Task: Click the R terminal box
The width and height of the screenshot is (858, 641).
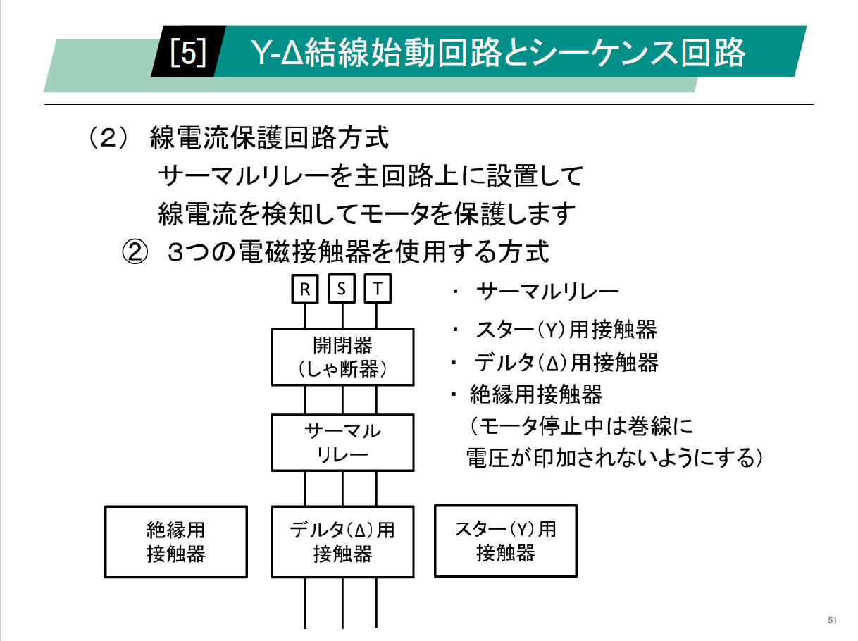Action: pos(305,290)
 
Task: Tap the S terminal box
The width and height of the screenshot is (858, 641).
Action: pos(342,290)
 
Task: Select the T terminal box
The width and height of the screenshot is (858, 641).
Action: pos(378,290)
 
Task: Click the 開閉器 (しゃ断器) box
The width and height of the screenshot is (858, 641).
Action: pos(342,356)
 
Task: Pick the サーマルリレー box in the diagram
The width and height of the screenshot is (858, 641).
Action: pos(342,442)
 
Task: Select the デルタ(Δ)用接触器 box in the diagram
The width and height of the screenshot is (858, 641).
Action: pos(342,541)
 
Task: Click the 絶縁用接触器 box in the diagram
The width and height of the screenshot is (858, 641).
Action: pos(176,541)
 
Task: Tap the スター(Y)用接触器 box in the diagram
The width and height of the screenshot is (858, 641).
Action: pos(505,540)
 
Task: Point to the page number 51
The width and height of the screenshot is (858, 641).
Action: pos(832,621)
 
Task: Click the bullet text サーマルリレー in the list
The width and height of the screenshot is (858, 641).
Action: pos(547,291)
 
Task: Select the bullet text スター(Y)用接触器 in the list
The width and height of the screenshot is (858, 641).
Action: pos(566,329)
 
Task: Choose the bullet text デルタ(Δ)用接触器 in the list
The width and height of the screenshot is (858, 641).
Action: pos(566,363)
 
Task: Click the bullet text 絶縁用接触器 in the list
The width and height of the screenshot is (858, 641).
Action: pos(536,394)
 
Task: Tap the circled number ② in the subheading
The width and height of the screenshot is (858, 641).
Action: pos(134,251)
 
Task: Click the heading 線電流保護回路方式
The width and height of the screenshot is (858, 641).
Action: pos(269,138)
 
